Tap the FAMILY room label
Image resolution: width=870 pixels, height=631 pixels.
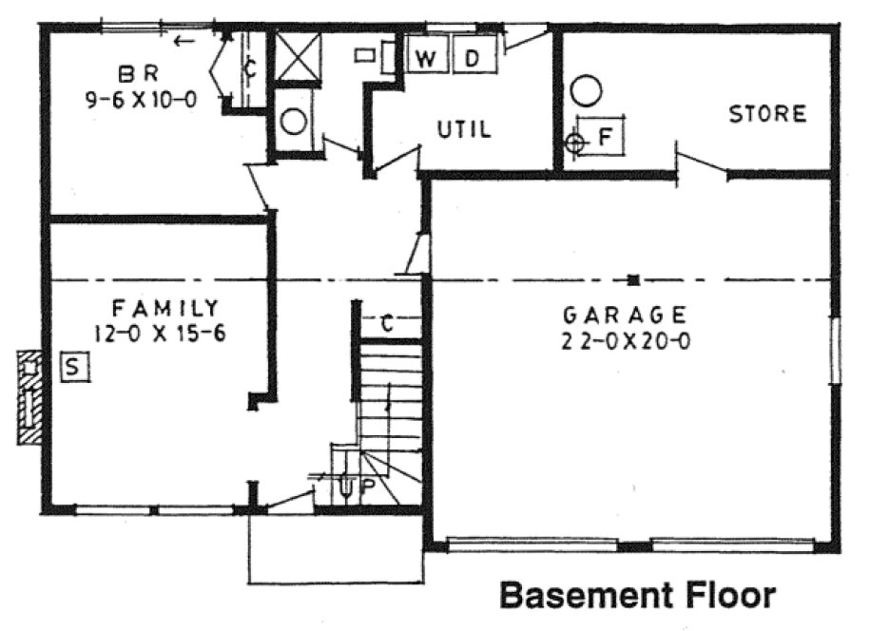coord(164,308)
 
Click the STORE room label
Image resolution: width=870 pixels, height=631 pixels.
coord(767,114)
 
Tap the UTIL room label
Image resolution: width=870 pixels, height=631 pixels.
coord(464,130)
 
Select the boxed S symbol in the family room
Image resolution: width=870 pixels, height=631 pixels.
coord(74,366)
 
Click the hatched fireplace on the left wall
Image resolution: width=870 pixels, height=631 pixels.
coord(30,397)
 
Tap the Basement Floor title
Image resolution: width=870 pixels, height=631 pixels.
coord(637,596)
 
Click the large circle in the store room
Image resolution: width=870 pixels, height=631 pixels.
coord(587,92)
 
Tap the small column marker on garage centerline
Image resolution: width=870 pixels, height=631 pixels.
coord(632,279)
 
